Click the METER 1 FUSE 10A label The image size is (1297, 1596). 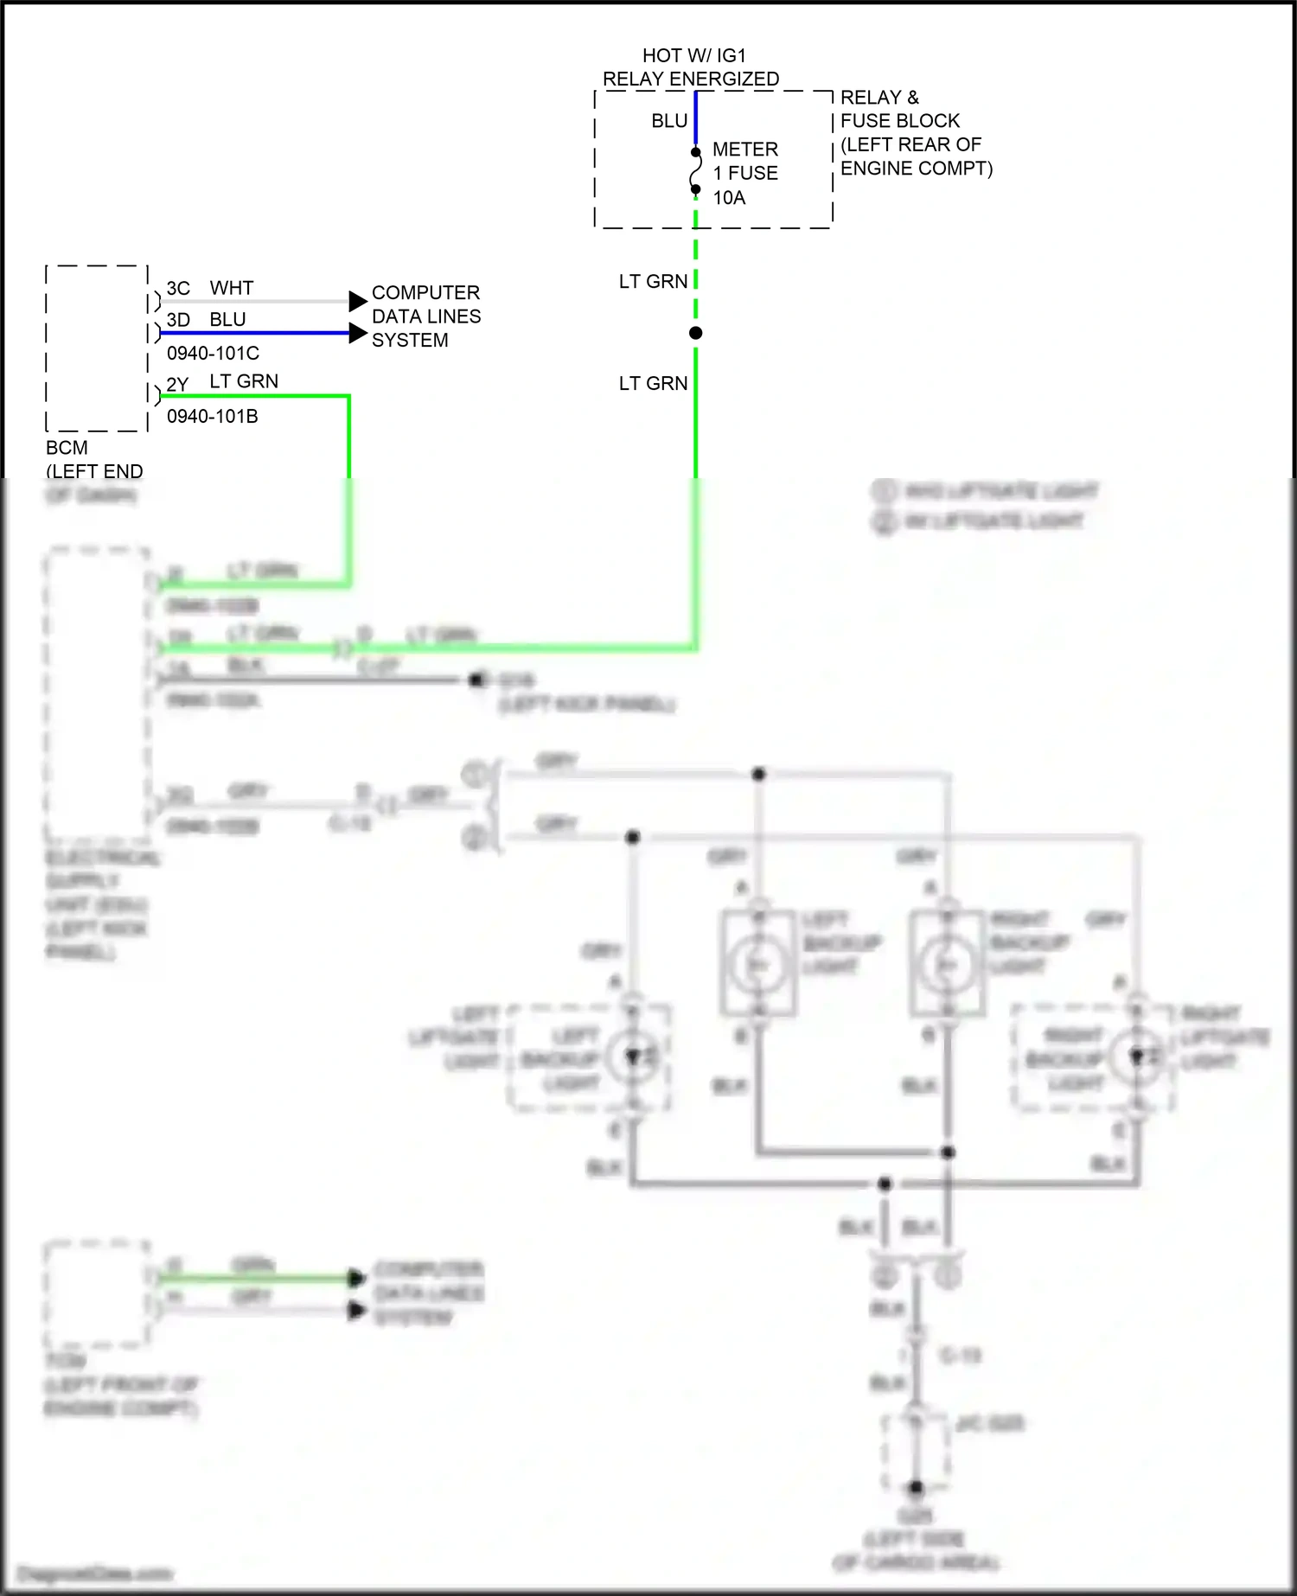(x=744, y=173)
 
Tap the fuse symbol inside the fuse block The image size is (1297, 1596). (x=695, y=171)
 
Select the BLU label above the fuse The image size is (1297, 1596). (x=668, y=121)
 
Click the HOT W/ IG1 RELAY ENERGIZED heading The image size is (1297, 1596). (x=692, y=67)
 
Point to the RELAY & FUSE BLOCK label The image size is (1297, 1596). (x=915, y=132)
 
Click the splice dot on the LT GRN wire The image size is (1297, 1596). (x=695, y=333)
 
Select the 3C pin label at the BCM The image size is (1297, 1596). (x=178, y=288)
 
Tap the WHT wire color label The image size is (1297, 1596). (x=232, y=288)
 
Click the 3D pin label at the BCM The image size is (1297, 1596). (x=178, y=320)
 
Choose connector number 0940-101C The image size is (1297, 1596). (x=213, y=353)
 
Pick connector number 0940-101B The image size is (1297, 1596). (x=213, y=416)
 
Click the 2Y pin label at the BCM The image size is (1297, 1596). (x=177, y=384)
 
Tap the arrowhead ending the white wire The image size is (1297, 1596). (x=358, y=301)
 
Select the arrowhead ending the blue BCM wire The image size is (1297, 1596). (x=358, y=333)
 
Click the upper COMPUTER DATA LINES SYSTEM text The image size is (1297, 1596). (x=425, y=316)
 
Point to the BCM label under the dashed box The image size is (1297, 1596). (x=67, y=448)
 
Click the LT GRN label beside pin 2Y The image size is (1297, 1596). (x=244, y=381)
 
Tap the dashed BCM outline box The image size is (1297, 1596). (x=96, y=348)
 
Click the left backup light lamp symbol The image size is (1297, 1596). (x=758, y=965)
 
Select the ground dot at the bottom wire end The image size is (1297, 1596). (x=916, y=1488)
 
